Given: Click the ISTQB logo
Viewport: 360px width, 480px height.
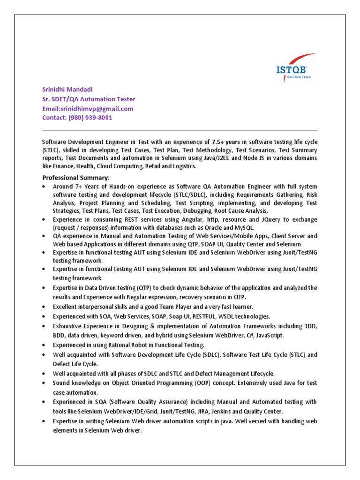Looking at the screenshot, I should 294,70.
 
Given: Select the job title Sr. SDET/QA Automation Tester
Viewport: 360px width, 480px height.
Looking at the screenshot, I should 89,99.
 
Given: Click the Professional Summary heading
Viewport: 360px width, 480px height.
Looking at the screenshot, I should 76,178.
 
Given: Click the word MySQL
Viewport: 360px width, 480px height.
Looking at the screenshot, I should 243,227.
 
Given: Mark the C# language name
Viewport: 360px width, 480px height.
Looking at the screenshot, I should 251,335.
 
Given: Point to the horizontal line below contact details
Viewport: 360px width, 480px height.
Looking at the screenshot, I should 180,130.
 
